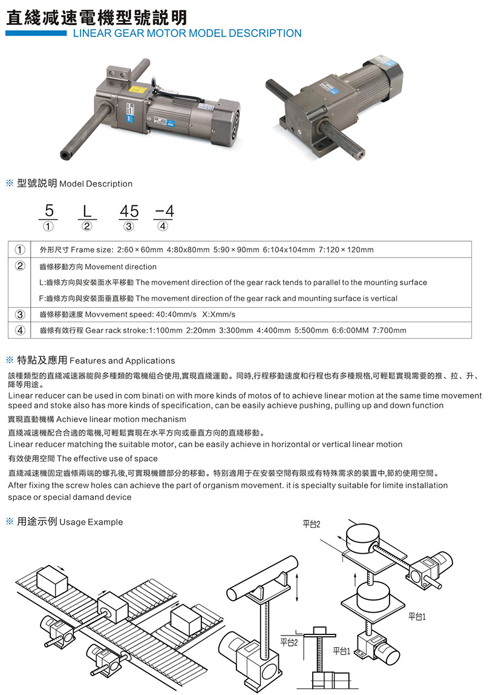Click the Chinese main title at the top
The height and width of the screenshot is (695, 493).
point(96,16)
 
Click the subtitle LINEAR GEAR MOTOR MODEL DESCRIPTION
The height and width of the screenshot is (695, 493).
point(187,34)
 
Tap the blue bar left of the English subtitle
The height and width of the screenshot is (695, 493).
point(36,34)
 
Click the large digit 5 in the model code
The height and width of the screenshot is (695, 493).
point(49,210)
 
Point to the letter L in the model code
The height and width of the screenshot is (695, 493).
point(87,211)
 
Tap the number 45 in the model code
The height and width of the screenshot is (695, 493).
point(129,211)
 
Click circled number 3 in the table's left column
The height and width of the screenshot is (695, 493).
point(21,314)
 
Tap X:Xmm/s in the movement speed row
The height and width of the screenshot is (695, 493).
point(218,314)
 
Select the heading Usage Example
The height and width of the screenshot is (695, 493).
point(91,522)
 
